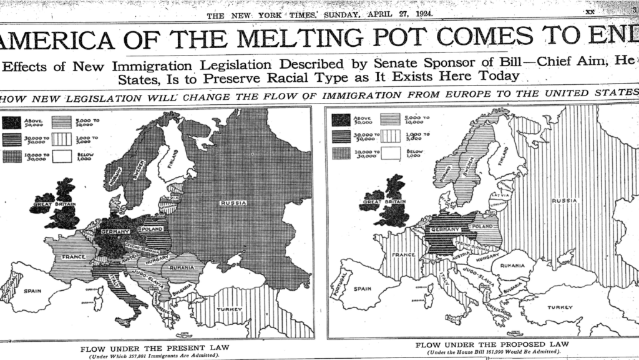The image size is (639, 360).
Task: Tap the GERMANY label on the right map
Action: (445, 230)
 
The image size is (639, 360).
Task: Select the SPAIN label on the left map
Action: (32, 291)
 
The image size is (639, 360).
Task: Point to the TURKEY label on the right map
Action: (560, 307)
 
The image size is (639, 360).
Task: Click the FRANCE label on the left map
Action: (73, 256)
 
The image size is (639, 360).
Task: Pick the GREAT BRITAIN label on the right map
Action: (382, 202)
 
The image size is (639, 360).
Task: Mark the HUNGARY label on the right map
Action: (487, 256)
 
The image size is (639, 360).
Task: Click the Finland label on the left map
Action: (173, 158)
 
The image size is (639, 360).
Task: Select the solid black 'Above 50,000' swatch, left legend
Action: (11, 122)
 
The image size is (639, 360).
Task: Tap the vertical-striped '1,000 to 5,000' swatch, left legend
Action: (61, 139)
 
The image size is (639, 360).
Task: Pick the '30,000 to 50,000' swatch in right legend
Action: (341, 137)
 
